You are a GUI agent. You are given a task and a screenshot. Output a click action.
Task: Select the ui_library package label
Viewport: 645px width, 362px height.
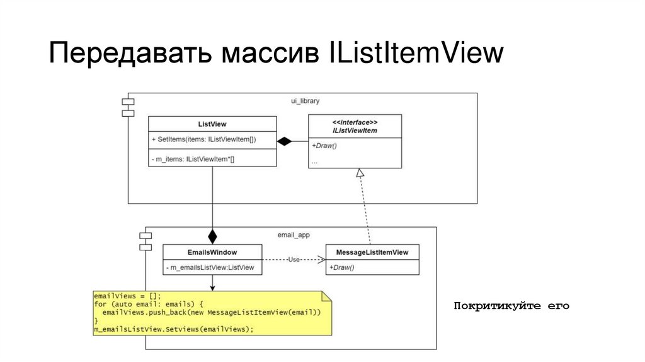(x=305, y=101)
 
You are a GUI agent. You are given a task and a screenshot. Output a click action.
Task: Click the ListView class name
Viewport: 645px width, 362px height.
(x=212, y=124)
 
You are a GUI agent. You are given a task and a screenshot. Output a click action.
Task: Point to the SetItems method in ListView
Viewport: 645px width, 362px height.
(x=204, y=139)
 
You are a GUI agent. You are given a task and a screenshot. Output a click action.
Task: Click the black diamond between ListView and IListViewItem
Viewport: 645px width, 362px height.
(x=285, y=141)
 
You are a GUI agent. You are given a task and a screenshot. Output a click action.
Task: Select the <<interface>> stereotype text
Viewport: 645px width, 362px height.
(x=355, y=122)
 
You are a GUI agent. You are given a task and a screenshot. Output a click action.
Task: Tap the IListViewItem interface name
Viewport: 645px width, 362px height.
(x=355, y=131)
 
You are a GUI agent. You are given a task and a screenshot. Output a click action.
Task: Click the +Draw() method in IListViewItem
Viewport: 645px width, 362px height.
(x=324, y=146)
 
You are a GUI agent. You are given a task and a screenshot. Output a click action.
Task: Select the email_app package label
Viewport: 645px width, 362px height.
(x=294, y=235)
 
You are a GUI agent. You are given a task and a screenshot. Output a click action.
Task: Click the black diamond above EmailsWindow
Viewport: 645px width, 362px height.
(x=212, y=236)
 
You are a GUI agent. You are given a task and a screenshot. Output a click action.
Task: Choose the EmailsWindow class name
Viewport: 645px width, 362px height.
(x=212, y=252)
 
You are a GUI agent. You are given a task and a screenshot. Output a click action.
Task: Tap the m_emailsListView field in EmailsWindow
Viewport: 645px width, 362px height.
(x=210, y=268)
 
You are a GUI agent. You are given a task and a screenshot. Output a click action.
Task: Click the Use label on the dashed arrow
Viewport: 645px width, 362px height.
(x=294, y=259)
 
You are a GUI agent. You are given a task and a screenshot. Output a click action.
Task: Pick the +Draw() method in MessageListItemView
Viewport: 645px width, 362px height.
(x=342, y=268)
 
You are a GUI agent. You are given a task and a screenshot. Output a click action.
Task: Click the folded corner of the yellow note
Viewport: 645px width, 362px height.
(x=326, y=296)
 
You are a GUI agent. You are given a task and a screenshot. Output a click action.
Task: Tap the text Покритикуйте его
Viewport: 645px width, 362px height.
(x=511, y=307)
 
